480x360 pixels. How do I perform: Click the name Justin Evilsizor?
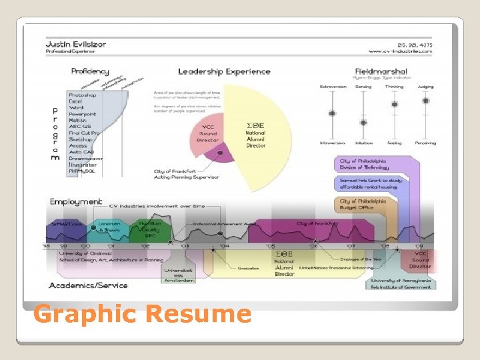tap(75, 44)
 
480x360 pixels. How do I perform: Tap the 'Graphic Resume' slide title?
tap(143, 313)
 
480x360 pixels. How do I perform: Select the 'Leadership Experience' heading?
tap(224, 71)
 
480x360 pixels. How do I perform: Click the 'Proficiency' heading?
tap(90, 71)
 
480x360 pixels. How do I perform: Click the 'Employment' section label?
tap(76, 201)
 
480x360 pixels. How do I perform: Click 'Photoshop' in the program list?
tap(83, 95)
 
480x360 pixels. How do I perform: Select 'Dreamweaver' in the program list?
tap(87, 159)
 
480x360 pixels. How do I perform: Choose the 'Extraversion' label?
tap(333, 87)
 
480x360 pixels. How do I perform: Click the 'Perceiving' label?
tap(425, 143)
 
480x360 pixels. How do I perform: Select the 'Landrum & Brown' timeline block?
tap(109, 227)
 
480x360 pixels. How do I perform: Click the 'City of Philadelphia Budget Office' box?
tap(363, 205)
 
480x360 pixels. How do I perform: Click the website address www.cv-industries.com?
tap(400, 51)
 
